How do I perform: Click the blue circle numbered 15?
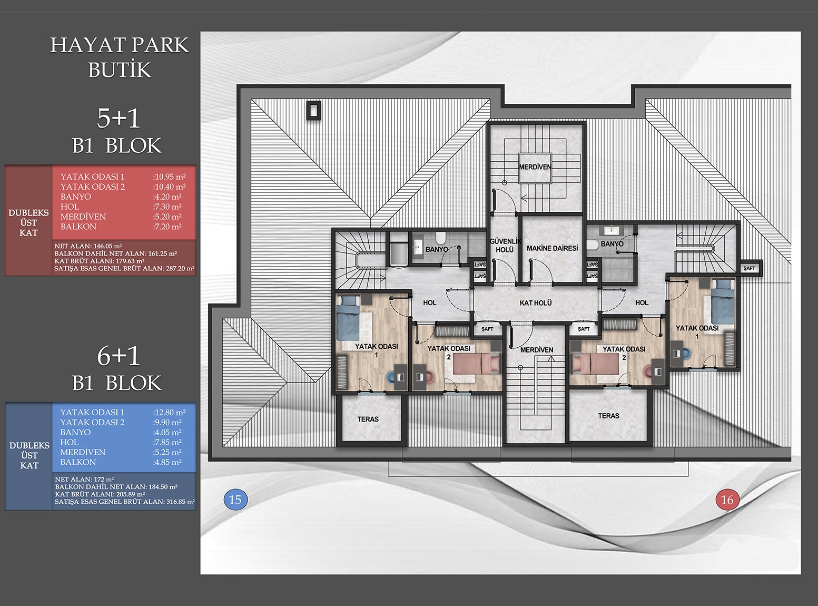click(x=235, y=500)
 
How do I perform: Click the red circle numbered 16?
click(x=727, y=500)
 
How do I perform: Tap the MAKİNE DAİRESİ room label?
click(x=552, y=248)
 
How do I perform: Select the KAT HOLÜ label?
click(x=536, y=303)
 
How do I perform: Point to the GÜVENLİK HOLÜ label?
click(x=505, y=246)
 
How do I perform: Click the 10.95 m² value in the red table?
click(x=169, y=177)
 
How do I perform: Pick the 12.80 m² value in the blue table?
click(x=169, y=412)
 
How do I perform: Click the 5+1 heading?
click(x=119, y=119)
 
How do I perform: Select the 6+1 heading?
click(x=119, y=357)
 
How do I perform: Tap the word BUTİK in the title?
click(x=120, y=70)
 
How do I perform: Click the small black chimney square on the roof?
click(x=314, y=110)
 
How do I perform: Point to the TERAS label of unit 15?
click(x=368, y=419)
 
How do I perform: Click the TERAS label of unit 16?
click(x=608, y=416)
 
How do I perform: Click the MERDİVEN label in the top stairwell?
click(x=535, y=167)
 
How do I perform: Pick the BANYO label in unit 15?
click(x=437, y=249)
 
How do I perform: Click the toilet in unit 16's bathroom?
click(x=593, y=245)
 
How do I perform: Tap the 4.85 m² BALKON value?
click(x=167, y=463)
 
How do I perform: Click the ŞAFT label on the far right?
click(x=749, y=268)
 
